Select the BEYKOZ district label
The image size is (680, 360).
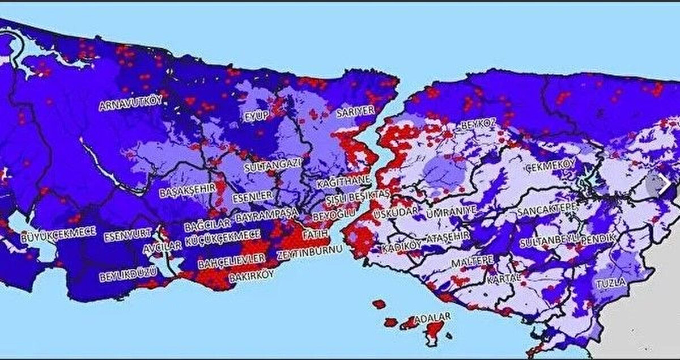478,123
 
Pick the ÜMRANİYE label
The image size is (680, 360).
451,211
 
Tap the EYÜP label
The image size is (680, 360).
255,116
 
